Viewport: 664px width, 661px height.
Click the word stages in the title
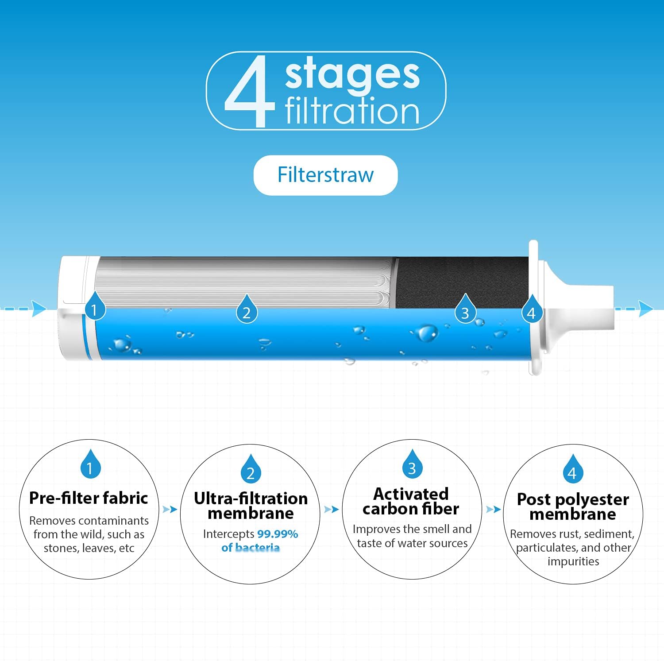(352, 74)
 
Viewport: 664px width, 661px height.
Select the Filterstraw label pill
(325, 175)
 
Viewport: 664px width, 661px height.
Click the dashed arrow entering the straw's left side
(27, 308)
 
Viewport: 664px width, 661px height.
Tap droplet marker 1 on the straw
(94, 308)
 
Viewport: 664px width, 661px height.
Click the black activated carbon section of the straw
(460, 279)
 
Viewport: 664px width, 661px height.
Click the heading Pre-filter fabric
(89, 498)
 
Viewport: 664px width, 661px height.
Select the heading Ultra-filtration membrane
(251, 506)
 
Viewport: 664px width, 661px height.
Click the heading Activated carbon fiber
(411, 501)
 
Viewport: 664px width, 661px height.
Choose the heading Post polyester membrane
(573, 506)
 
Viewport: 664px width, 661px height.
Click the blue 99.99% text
(278, 534)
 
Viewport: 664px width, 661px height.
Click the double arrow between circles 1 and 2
(170, 510)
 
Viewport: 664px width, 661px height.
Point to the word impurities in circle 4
(573, 561)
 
